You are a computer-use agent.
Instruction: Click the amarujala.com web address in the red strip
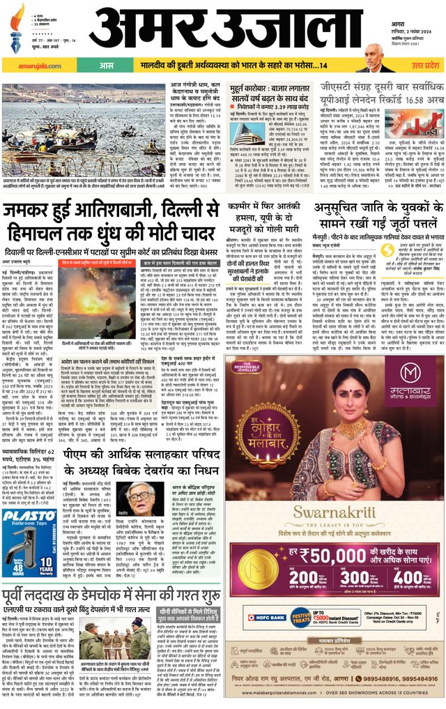point(27,65)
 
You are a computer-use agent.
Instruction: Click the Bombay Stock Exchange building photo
point(247,125)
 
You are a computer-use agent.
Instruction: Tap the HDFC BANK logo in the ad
point(254,617)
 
